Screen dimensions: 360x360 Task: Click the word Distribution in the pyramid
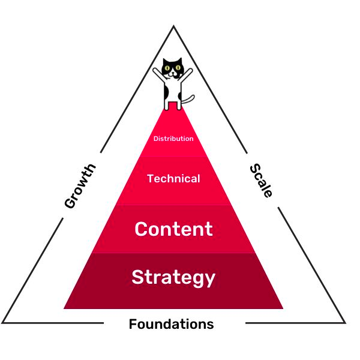[173, 139]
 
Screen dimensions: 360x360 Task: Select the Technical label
[173, 179]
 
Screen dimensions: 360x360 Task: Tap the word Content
[173, 229]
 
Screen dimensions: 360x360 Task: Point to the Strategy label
[173, 277]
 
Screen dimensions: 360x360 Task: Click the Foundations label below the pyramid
[171, 325]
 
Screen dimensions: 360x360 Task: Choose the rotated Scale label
[262, 180]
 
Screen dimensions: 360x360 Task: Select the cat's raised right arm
[187, 74]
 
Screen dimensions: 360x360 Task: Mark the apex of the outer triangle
[173, 26]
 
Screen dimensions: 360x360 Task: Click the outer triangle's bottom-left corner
[3, 323]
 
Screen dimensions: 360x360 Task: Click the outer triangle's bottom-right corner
[345, 323]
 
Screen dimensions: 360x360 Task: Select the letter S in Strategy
[137, 277]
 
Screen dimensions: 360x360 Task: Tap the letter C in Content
[142, 229]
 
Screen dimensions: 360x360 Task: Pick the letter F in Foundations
[133, 325]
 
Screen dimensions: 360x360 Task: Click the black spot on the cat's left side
[166, 94]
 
